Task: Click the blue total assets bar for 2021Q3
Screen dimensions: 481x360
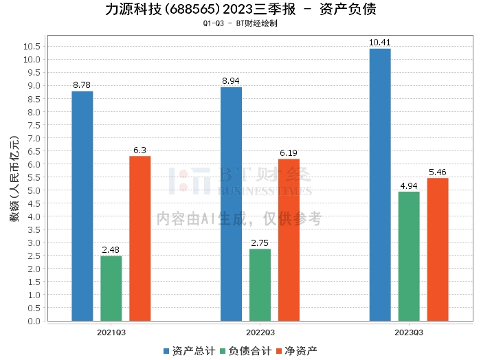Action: pos(82,206)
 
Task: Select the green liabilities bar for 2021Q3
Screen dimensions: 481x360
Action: pos(111,289)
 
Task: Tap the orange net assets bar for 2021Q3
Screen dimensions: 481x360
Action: pos(140,238)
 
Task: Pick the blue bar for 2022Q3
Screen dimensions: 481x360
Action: pos(232,204)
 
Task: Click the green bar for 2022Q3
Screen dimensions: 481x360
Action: pos(260,285)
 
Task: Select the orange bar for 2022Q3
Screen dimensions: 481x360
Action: pos(289,240)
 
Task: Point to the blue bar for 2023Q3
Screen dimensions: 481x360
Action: pos(380,185)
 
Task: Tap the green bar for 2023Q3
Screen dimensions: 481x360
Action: pos(409,256)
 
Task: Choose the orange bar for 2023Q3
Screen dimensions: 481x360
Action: pos(438,249)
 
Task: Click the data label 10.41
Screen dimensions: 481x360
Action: pos(380,43)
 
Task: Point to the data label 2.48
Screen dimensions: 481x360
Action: pos(111,250)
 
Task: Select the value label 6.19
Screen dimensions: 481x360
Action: pos(289,153)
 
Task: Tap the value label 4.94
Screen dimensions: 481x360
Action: pos(409,185)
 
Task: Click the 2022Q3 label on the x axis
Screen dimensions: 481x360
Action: pos(260,333)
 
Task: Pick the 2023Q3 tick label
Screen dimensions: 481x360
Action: pos(409,333)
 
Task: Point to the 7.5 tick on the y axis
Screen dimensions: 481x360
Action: pos(34,125)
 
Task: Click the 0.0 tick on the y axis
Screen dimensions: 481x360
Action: pos(34,321)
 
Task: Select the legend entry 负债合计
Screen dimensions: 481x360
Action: pos(246,351)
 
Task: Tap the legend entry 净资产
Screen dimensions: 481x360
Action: pos(297,351)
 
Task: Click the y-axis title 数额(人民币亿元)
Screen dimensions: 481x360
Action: pos(14,179)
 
